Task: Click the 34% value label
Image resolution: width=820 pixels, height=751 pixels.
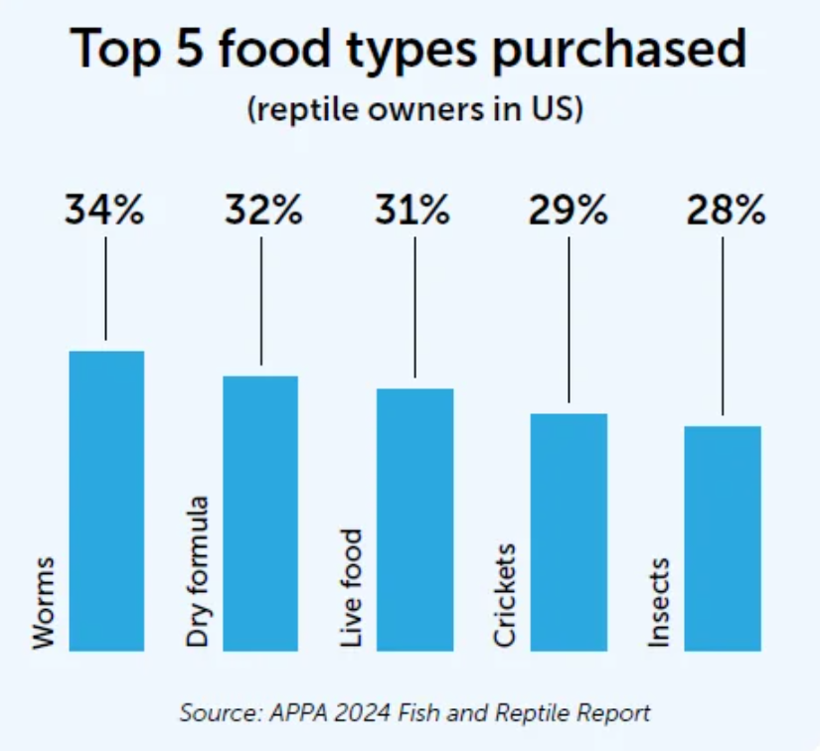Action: coord(105,211)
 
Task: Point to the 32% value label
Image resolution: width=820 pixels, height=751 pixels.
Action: coord(262,211)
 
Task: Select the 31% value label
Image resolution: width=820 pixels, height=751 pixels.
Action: coord(415,211)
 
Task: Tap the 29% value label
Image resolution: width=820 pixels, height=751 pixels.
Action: coord(569,211)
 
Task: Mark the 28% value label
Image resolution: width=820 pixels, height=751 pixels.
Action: coord(724,211)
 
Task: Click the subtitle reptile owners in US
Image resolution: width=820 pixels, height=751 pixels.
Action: coord(413,108)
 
